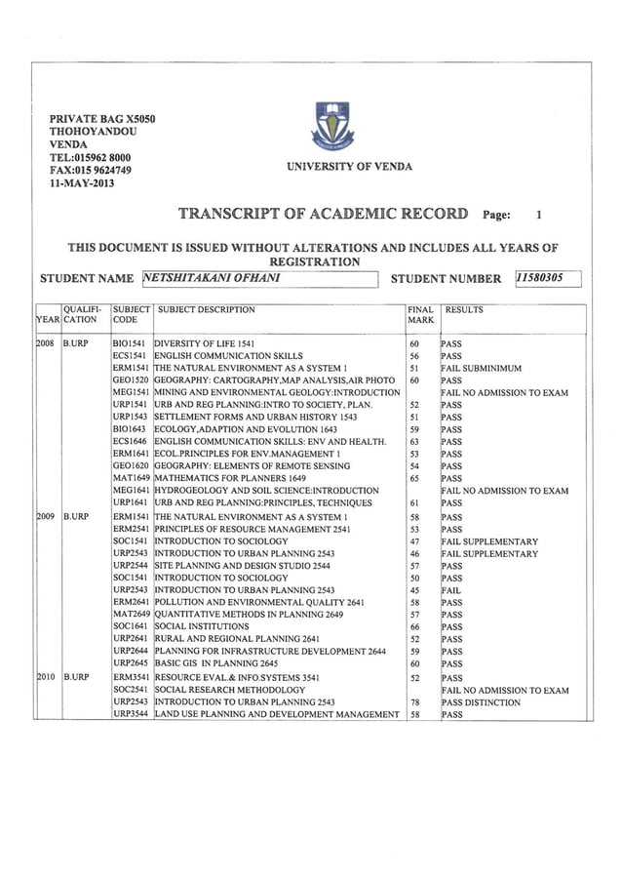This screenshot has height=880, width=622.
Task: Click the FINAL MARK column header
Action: click(421, 315)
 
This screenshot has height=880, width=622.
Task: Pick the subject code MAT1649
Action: click(130, 479)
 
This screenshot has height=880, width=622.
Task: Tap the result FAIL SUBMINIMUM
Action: click(481, 369)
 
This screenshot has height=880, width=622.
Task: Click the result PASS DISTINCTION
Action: click(481, 702)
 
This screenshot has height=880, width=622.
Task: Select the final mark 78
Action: click(414, 702)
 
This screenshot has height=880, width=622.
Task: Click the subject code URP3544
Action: click(130, 715)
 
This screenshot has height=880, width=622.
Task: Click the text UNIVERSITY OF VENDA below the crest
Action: click(349, 167)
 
